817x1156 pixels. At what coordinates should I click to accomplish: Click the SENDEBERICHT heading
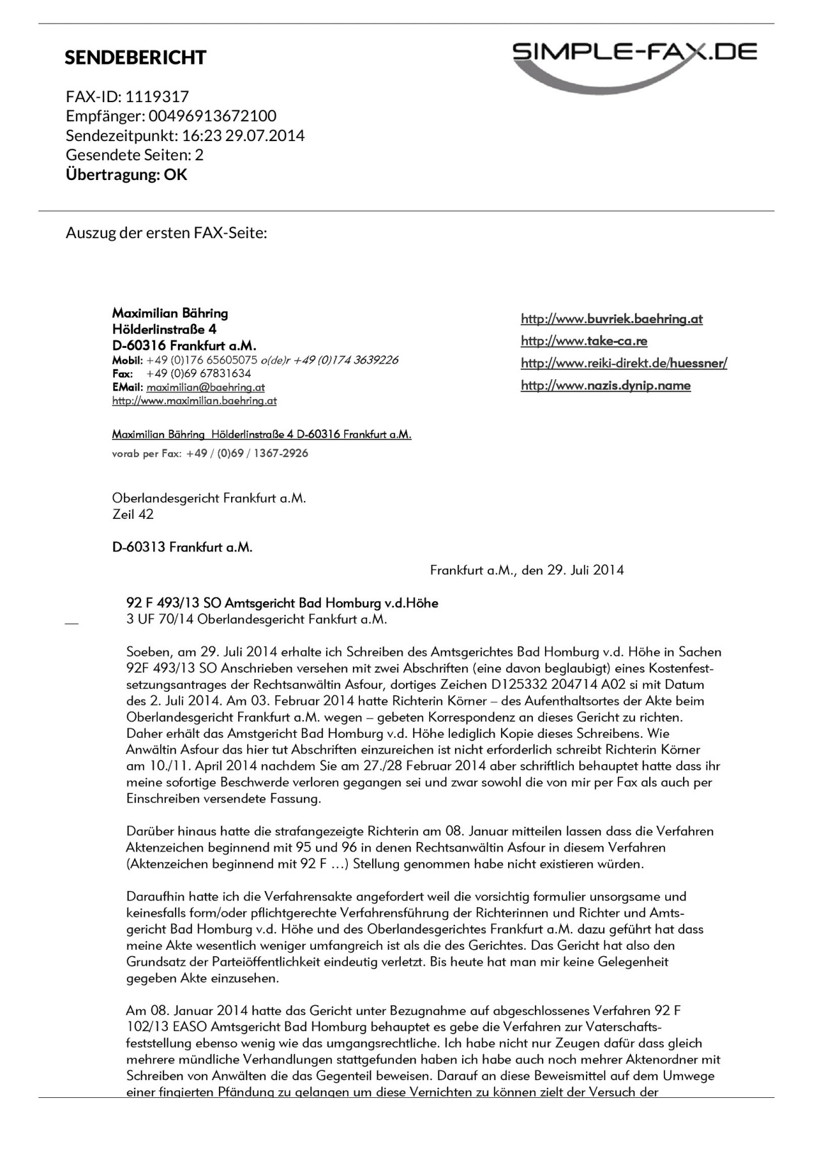coord(135,58)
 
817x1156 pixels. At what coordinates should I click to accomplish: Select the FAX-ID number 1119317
coord(157,97)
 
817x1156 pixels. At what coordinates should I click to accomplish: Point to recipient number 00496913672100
coord(213,116)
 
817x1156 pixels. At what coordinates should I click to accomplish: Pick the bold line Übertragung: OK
coord(126,175)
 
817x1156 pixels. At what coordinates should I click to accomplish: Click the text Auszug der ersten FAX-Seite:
coord(166,233)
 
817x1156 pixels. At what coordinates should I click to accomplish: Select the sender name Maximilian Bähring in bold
coord(170,313)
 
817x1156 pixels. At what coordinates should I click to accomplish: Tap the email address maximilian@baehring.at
coord(206,387)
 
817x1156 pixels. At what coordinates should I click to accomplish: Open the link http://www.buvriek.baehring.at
coord(611,319)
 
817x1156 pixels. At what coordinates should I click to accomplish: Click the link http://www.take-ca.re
coord(584,341)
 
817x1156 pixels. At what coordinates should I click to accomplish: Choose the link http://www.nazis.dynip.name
coord(606,386)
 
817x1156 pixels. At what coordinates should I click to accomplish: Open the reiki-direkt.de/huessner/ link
coord(624,363)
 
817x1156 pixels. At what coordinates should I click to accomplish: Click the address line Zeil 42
coord(133,514)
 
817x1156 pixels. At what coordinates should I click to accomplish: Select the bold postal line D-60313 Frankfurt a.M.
coord(182,548)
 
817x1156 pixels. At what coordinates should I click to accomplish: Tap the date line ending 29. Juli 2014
coord(527,570)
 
